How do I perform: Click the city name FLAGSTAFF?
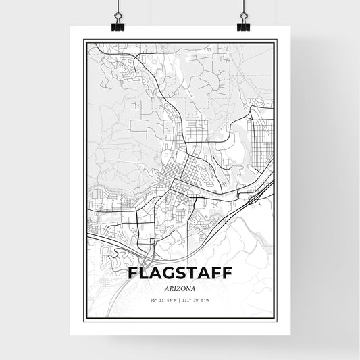coord(180,273)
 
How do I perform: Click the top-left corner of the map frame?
coord(84,41)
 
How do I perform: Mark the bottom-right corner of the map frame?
coord(276,317)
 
